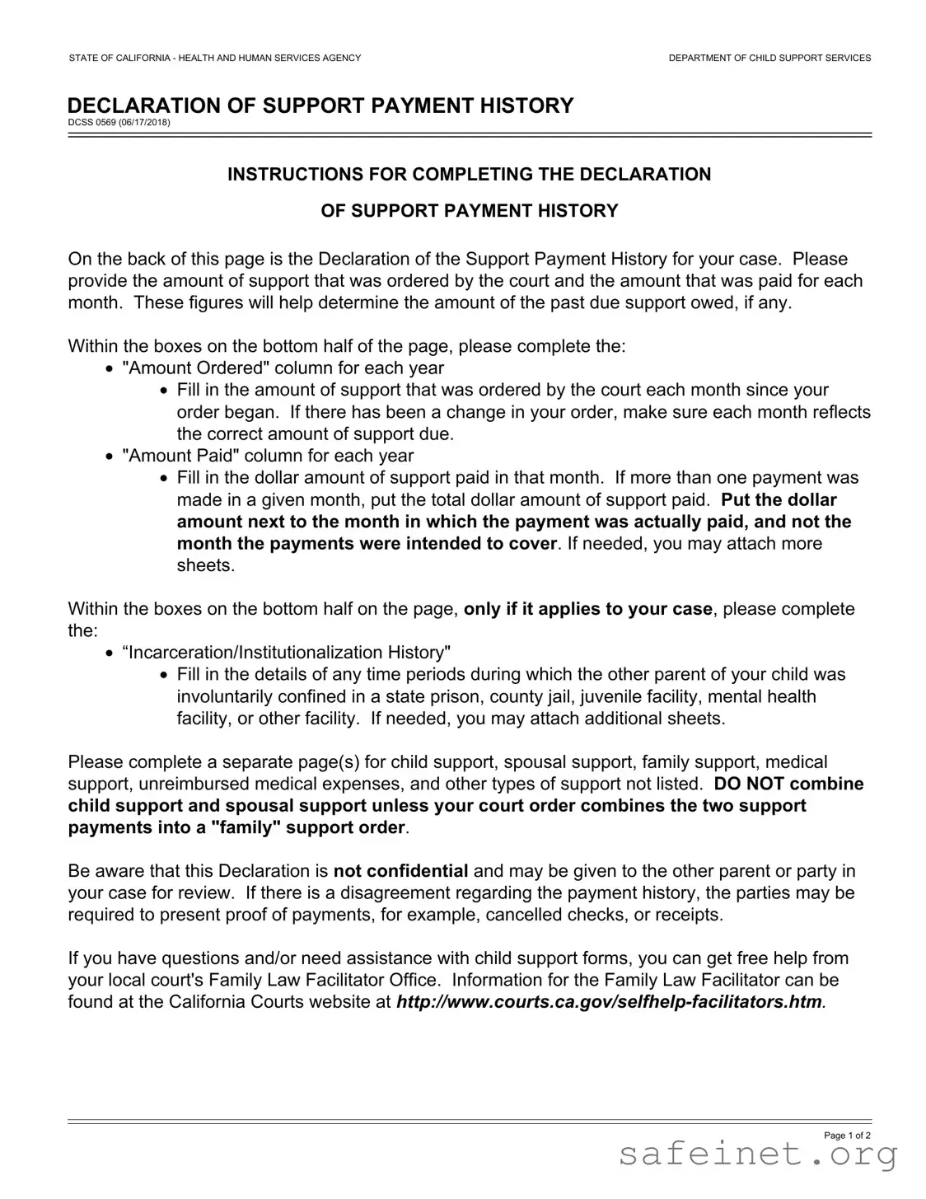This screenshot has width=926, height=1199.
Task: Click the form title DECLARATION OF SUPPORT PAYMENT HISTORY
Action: (320, 105)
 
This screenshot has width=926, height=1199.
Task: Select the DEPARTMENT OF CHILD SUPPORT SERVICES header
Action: (769, 58)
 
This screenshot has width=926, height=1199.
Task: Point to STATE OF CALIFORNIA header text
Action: (214, 58)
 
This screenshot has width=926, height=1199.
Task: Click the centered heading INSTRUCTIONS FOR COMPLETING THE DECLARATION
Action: (469, 174)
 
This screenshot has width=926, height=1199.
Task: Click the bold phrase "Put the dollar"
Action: (779, 499)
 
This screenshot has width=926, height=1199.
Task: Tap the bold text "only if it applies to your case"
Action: (587, 609)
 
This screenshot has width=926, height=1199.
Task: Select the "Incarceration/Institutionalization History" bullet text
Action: (286, 653)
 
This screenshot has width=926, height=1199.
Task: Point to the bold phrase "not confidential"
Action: (400, 871)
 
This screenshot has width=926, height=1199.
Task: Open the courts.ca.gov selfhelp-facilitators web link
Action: (609, 1002)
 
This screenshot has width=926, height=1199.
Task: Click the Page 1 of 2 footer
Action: (847, 1136)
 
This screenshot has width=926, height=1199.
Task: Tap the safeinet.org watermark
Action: (757, 1155)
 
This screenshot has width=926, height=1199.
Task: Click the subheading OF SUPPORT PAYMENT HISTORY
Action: (469, 211)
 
